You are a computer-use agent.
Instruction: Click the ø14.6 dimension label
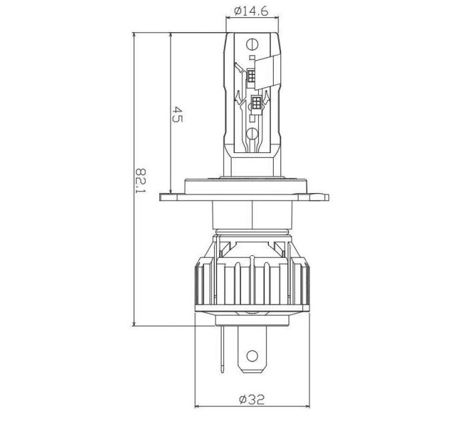(x=252, y=11)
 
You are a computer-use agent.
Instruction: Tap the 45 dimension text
(x=177, y=114)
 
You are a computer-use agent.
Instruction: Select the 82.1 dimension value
(x=141, y=180)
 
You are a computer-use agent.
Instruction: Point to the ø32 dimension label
(x=252, y=400)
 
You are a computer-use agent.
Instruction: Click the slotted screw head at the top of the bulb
(x=252, y=44)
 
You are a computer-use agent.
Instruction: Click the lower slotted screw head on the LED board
(x=252, y=133)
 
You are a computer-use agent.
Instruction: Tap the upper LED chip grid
(x=252, y=76)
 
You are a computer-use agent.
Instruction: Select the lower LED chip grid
(x=256, y=102)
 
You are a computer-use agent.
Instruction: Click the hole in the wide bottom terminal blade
(x=252, y=356)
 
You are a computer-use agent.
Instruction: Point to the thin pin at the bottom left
(x=223, y=349)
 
